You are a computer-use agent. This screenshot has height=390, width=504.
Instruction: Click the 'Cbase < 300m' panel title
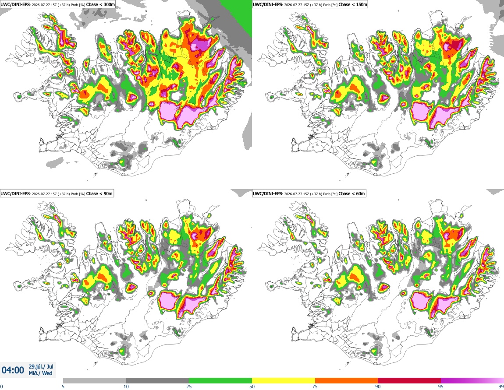(x=100, y=5)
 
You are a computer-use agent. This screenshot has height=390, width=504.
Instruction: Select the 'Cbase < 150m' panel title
(x=353, y=5)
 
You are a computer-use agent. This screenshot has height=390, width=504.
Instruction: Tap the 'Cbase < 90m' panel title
(x=99, y=193)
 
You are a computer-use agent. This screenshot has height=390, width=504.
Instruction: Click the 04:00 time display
(x=13, y=370)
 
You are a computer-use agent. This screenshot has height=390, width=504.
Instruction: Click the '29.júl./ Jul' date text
(x=41, y=366)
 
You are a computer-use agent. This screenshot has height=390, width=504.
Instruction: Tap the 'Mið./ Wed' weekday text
(x=40, y=373)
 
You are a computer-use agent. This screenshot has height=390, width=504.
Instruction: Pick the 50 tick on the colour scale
(x=252, y=386)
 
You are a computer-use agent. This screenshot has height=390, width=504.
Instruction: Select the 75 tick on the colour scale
(x=315, y=386)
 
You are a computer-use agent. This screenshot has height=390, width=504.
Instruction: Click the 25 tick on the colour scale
(x=189, y=386)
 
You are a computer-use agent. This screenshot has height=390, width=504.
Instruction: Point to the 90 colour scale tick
(x=378, y=386)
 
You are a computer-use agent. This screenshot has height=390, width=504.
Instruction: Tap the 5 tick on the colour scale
(x=63, y=386)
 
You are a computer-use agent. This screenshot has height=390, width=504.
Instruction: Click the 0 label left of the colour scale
(x=1, y=386)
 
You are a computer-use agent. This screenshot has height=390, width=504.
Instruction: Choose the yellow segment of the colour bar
(x=284, y=381)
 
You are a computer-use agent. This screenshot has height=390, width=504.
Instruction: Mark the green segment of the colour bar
(x=220, y=381)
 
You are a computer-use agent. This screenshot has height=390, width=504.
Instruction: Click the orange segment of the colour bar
(x=347, y=381)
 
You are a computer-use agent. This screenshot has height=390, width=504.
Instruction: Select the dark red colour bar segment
(x=409, y=381)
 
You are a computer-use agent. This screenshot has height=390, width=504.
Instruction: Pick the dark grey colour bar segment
(x=157, y=381)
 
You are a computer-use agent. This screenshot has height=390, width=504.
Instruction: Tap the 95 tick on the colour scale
(x=441, y=386)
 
